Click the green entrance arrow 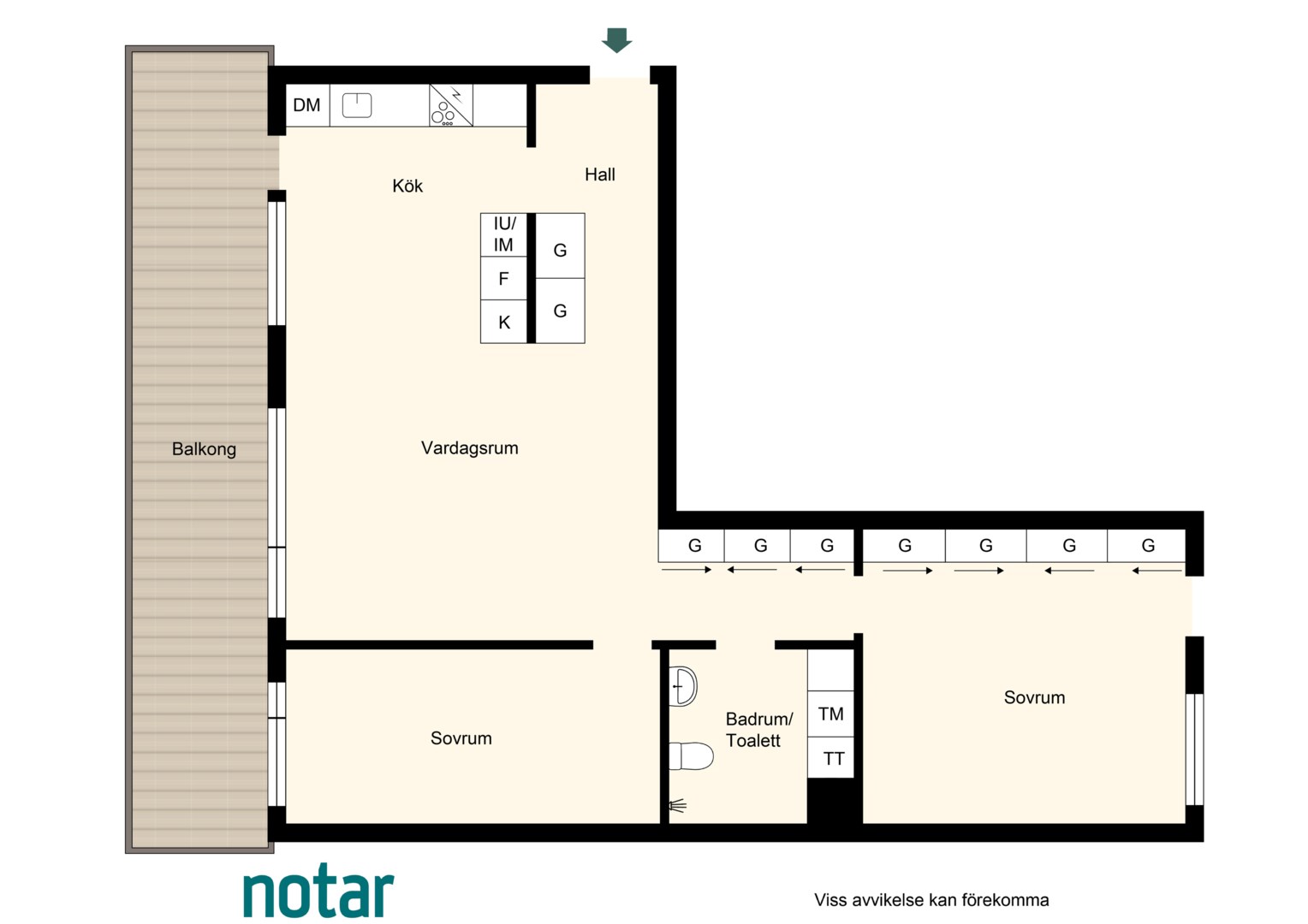click(616, 40)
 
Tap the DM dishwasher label click(306, 105)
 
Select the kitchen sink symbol click(357, 105)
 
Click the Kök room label click(407, 186)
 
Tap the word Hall click(600, 175)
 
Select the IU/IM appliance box click(503, 234)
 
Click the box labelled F click(503, 278)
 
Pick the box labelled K click(503, 322)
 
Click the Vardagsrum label click(469, 448)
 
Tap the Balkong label click(204, 449)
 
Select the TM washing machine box click(830, 714)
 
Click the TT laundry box click(830, 758)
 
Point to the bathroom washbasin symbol click(682, 686)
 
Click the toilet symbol click(691, 756)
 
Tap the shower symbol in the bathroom click(677, 806)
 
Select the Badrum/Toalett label click(758, 730)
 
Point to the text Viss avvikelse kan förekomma click(931, 899)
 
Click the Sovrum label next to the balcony click(461, 738)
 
